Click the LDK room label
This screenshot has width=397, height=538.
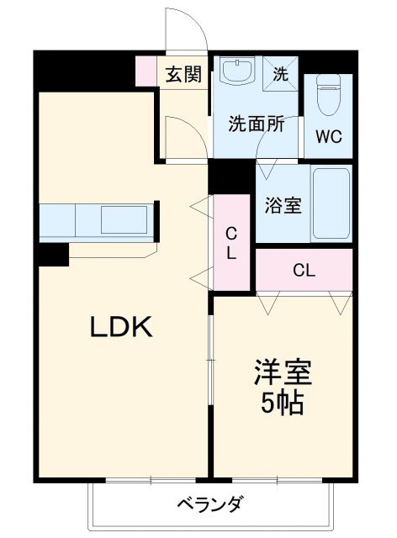pyautogui.click(x=121, y=327)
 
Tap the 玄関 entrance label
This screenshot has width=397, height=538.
pyautogui.click(x=183, y=74)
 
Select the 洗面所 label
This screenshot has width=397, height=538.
pyautogui.click(x=256, y=124)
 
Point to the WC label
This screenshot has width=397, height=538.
pyautogui.click(x=329, y=137)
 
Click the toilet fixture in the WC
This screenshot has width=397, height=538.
pyautogui.click(x=328, y=94)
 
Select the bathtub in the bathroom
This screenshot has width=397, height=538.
pyautogui.click(x=331, y=204)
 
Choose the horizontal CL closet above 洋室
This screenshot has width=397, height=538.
pyautogui.click(x=304, y=271)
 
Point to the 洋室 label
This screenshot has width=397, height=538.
pyautogui.click(x=281, y=372)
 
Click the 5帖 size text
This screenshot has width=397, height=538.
pyautogui.click(x=281, y=404)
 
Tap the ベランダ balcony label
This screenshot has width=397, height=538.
pyautogui.click(x=210, y=504)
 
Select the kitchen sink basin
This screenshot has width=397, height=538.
pyautogui.click(x=123, y=220)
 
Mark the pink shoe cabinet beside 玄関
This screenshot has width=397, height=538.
pyautogui.click(x=146, y=71)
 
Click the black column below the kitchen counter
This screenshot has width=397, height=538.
pyautogui.click(x=52, y=255)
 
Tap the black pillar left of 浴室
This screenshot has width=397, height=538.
pyautogui.click(x=230, y=176)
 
